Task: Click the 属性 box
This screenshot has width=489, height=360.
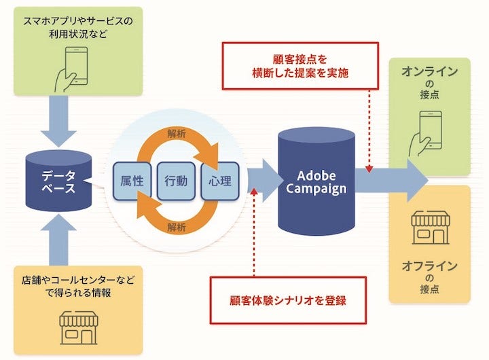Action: pos(131,181)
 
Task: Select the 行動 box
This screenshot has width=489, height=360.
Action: pos(176,181)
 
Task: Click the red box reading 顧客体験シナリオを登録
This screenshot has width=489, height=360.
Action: pos(288,300)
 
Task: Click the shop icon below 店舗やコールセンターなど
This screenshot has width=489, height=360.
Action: pos(77,327)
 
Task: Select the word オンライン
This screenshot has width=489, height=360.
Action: pos(430,71)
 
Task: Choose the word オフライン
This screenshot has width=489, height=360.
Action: pos(430,266)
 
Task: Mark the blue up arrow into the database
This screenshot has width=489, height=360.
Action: pos(58,238)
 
